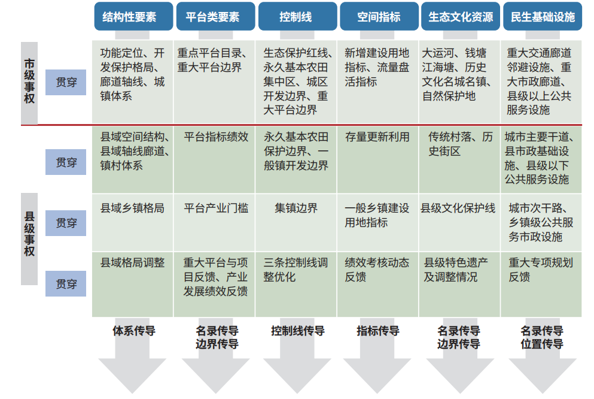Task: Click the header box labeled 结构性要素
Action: tap(133, 16)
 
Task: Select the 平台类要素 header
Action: tap(215, 16)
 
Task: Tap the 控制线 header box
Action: tap(297, 16)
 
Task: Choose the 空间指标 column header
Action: tap(379, 16)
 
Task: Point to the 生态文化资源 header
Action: tap(461, 16)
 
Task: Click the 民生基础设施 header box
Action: tap(543, 16)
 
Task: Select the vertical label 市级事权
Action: tap(29, 81)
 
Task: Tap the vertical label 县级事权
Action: tap(29, 239)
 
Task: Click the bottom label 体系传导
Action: tap(134, 331)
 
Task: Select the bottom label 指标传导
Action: tap(377, 331)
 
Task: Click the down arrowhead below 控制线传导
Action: tap(297, 376)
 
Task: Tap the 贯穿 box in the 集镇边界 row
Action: tap(66, 223)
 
